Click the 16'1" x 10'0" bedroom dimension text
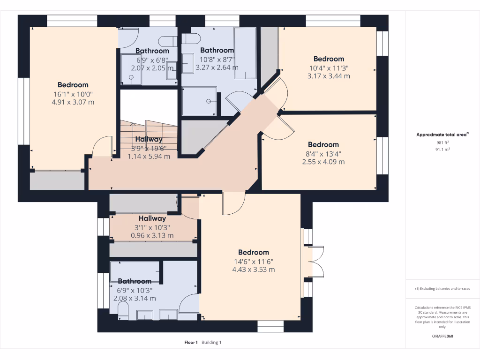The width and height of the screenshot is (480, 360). click(73, 94)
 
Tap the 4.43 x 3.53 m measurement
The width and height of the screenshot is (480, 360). click(253, 270)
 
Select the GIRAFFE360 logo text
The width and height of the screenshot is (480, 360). click(443, 336)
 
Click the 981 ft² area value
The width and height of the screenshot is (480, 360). click(443, 143)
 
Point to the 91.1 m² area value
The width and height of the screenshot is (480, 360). click(443, 150)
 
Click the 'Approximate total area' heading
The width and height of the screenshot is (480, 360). click(442, 135)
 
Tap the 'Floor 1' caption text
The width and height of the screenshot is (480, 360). click(191, 343)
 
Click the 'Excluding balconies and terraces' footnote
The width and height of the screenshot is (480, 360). click(443, 289)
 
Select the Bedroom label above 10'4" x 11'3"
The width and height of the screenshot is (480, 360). click(329, 59)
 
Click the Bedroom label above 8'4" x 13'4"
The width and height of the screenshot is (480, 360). click(323, 145)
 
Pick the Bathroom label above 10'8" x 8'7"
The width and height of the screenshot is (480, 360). click(217, 51)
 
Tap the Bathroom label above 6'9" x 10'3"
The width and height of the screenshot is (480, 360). click(135, 281)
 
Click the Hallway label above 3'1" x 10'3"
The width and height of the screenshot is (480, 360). click(152, 218)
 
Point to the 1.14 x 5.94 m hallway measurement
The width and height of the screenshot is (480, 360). click(149, 157)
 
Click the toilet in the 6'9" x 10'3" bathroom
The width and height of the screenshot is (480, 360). click(123, 311)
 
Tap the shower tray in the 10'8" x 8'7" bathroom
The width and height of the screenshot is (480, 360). click(199, 101)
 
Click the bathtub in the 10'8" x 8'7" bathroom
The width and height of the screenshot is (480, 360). click(245, 52)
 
